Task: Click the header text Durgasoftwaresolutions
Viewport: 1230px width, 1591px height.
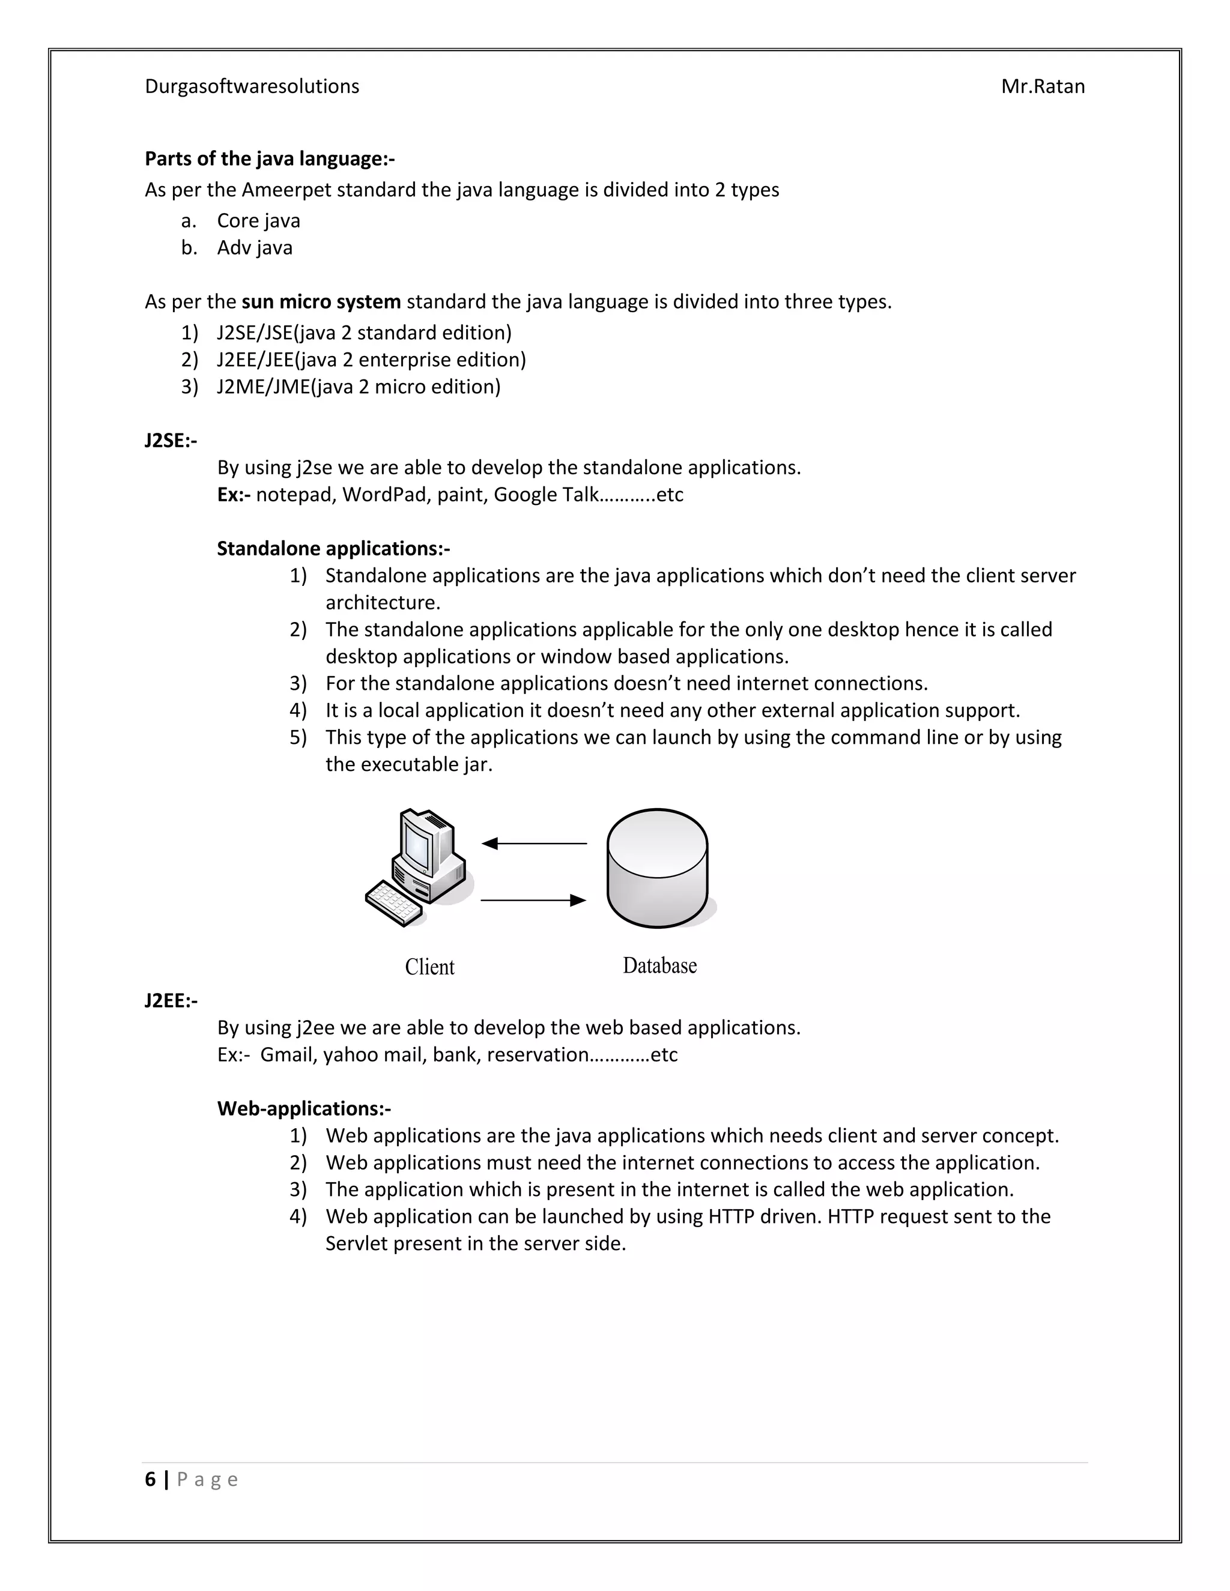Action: coord(252,86)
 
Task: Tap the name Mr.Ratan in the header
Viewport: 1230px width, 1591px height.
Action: coord(1042,86)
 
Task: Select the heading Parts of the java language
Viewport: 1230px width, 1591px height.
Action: coord(269,159)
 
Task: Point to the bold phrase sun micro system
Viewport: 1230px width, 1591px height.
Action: coord(321,301)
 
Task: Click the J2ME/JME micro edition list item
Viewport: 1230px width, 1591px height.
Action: coord(358,387)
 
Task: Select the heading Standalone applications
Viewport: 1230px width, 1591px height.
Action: coord(333,549)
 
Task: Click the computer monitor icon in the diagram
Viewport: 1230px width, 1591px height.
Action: coord(423,845)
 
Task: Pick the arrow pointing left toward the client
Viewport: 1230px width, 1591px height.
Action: coord(533,844)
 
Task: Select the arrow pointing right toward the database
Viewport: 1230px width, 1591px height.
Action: coord(533,901)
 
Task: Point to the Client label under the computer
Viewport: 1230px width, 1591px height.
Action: coord(429,967)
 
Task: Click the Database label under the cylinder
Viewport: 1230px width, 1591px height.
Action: coord(659,966)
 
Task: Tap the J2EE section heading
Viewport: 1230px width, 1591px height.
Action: coord(171,1001)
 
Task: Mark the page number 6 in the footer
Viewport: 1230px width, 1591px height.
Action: coord(150,1479)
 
